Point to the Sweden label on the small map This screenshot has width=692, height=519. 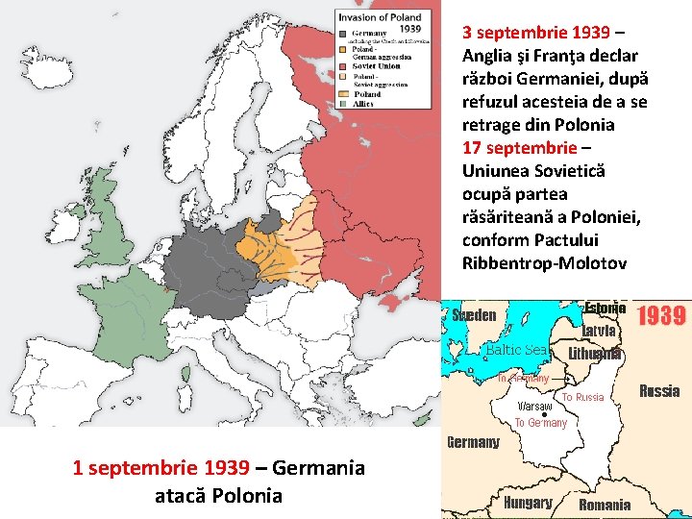click(x=474, y=315)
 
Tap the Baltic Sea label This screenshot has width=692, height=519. click(x=516, y=350)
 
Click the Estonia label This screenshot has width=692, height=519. click(x=605, y=309)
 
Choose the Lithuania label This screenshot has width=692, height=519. click(x=595, y=353)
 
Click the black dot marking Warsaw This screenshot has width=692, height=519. click(x=544, y=415)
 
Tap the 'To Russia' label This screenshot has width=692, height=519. click(x=582, y=397)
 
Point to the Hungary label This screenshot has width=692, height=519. click(x=528, y=503)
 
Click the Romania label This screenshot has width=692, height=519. click(x=605, y=505)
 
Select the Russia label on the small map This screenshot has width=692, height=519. click(x=659, y=390)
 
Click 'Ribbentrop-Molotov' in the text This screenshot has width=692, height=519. click(x=544, y=263)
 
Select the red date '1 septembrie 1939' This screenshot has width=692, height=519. click(x=161, y=468)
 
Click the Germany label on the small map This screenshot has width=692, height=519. click(x=473, y=442)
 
